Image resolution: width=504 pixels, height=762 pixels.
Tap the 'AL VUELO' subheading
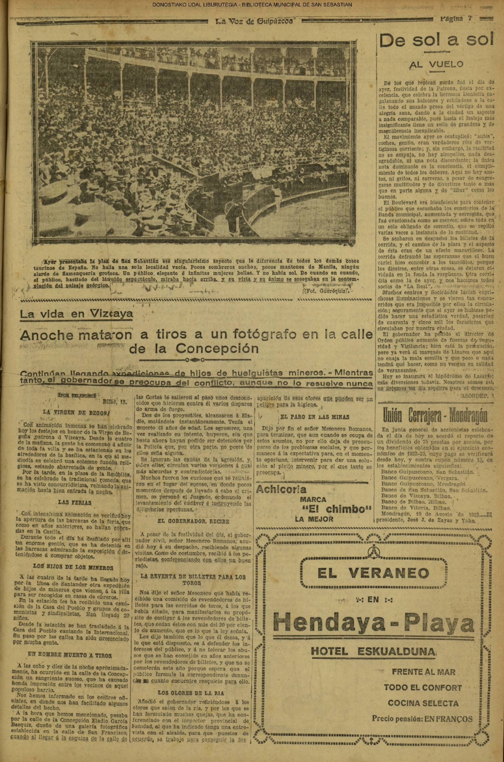[436, 64]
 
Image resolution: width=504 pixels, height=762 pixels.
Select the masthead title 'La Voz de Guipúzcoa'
[254, 22]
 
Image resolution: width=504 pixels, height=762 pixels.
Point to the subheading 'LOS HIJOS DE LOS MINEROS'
[73, 568]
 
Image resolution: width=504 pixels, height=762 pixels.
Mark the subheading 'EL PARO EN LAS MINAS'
[315, 417]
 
